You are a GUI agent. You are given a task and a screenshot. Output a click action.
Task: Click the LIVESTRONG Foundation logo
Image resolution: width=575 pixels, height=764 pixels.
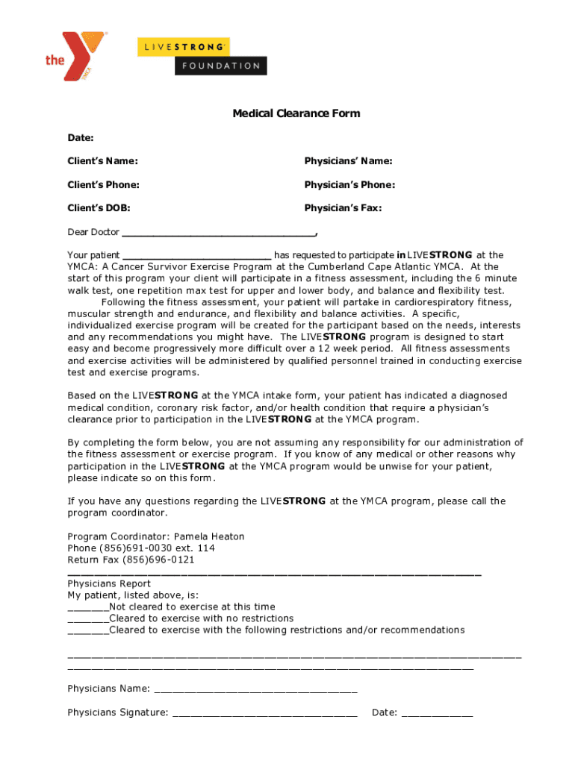[201, 56]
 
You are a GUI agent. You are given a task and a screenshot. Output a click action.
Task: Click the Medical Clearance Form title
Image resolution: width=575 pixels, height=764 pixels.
[296, 113]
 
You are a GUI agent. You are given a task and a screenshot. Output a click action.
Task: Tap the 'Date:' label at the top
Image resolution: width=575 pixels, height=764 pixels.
[81, 138]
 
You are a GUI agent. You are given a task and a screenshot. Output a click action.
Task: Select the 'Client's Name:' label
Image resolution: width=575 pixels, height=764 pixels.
[102, 161]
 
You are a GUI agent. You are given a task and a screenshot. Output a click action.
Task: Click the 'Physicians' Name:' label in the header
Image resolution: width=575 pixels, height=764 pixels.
[348, 161]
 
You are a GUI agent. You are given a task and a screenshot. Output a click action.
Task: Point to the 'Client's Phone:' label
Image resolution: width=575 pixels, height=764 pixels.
[103, 184]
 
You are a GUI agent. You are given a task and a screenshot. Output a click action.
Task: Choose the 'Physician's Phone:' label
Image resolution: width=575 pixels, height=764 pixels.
[349, 184]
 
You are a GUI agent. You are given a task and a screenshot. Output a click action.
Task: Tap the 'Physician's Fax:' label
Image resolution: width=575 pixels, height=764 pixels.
[343, 208]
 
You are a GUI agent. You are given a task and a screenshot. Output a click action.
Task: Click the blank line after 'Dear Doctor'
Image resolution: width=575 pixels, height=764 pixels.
[218, 233]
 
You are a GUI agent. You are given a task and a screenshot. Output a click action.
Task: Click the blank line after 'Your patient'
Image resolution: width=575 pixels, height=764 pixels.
[197, 256]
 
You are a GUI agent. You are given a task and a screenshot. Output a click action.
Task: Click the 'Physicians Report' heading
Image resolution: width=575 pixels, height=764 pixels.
[109, 583]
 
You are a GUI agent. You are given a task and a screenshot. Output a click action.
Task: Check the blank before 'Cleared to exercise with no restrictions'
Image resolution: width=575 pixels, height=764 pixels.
[87, 619]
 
